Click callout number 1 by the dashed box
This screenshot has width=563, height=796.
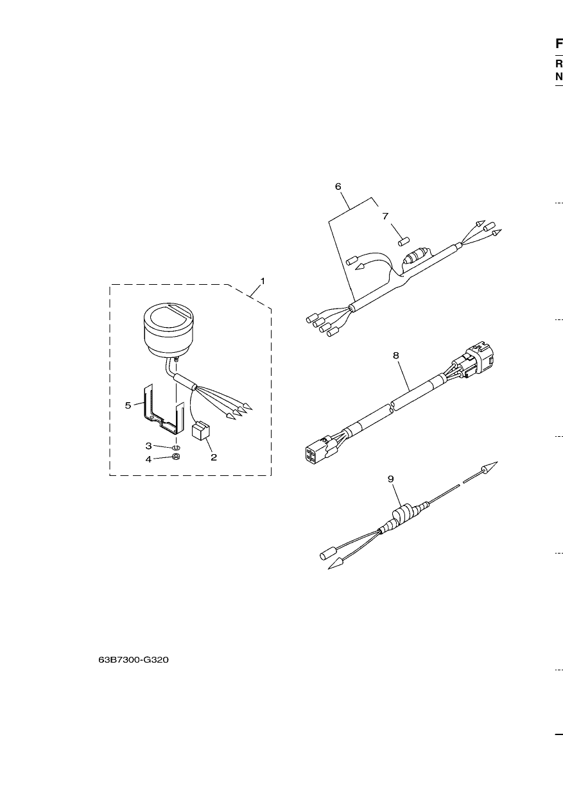(x=263, y=281)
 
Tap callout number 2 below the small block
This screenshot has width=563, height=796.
(x=213, y=457)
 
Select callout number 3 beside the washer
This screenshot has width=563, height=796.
(x=149, y=446)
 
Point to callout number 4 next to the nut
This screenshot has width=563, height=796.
(x=148, y=459)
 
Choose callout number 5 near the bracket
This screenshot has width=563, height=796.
(x=128, y=405)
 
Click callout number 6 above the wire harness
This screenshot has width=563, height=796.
(x=338, y=186)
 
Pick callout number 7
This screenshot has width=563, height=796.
(x=386, y=216)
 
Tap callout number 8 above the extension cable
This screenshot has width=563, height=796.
(x=396, y=355)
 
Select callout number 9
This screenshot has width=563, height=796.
(x=391, y=479)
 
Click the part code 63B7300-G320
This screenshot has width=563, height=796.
(x=134, y=660)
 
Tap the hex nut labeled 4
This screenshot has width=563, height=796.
(x=176, y=457)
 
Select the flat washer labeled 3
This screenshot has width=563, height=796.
(x=176, y=448)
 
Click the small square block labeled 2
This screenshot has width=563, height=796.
(x=201, y=430)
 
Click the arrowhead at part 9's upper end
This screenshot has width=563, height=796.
(x=489, y=468)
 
